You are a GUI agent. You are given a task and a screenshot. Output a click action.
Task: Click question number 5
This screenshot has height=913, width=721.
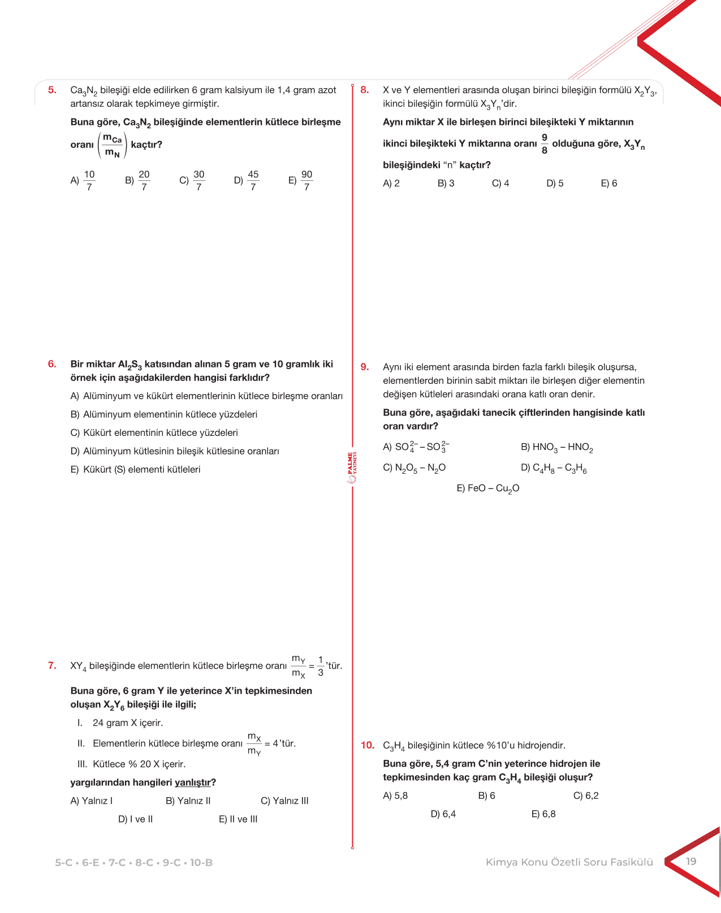[x=52, y=90]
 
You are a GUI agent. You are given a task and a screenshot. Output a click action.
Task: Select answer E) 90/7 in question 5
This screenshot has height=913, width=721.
[x=301, y=181]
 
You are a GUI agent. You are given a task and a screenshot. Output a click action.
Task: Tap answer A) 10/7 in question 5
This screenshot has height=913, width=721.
[x=83, y=181]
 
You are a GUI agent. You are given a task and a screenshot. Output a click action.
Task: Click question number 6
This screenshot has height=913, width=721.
[x=52, y=364]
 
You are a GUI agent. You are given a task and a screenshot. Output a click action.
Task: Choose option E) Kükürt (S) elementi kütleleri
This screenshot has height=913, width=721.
[x=136, y=470]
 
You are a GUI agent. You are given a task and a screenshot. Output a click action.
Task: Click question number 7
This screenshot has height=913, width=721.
[x=52, y=665]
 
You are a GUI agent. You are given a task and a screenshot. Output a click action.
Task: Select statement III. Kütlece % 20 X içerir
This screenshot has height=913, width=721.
[x=132, y=764]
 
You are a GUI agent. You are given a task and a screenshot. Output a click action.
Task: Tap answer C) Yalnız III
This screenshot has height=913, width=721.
[x=284, y=801]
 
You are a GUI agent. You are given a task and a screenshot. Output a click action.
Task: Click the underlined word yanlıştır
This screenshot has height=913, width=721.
[x=193, y=782]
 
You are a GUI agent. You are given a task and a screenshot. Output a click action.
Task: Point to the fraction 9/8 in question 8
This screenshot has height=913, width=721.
[x=545, y=144]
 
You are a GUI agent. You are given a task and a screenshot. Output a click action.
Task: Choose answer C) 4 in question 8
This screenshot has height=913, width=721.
[x=500, y=183]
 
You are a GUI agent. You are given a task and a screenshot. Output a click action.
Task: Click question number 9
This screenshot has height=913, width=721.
[x=365, y=367]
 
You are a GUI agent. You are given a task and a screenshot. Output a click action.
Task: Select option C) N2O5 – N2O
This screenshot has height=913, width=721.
[x=415, y=468]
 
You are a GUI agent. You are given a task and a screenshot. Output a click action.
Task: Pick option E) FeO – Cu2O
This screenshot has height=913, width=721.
[x=487, y=488]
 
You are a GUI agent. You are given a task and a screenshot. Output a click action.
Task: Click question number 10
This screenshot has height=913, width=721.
[x=368, y=745]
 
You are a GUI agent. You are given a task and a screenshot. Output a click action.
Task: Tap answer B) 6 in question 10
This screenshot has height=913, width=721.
[x=486, y=796]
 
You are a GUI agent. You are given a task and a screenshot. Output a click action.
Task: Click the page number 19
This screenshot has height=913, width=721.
[x=691, y=862]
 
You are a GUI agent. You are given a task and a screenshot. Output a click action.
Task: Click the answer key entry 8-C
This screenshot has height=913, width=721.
[x=144, y=863]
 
